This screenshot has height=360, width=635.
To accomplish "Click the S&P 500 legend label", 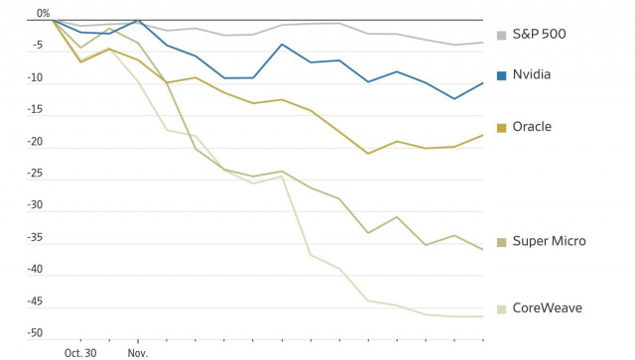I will pos(540,35).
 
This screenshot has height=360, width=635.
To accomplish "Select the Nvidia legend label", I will pos(532,74).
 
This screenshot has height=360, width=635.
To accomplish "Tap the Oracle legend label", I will pos(532,127).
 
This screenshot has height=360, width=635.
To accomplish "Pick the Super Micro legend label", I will pos(549,241).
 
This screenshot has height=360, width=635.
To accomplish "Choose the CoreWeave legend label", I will pos(547,307).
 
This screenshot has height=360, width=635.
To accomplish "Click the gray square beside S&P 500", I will pos(501,35).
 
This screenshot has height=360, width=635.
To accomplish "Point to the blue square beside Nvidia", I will pos(501,74).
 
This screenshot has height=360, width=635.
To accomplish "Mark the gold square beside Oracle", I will pos(501,127).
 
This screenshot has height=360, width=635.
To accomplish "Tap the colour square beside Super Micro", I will pos(501,241).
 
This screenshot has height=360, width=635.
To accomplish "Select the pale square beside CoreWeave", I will pos(501,307).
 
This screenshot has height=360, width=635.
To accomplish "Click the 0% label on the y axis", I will pos(43,14).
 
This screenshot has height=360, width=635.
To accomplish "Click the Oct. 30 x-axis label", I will pos(80,352).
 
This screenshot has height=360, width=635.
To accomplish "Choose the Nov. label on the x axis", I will pos(137,352).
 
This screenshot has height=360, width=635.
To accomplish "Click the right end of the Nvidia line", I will pos(483,83).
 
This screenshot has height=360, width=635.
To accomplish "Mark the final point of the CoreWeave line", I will pos(483,316).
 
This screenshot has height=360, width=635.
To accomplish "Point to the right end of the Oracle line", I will pos(483,135).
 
